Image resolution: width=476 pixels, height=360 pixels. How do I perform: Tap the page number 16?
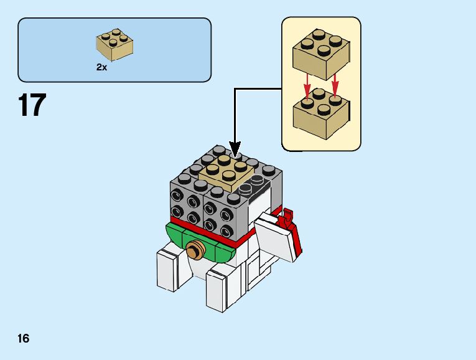point(24,339)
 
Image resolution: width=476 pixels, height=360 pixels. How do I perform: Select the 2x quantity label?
point(101,67)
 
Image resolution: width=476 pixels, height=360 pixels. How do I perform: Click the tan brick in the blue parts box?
point(114,45)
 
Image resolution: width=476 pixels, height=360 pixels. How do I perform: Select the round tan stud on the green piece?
point(196,250)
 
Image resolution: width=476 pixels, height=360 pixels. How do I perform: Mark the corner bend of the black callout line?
point(235,88)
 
